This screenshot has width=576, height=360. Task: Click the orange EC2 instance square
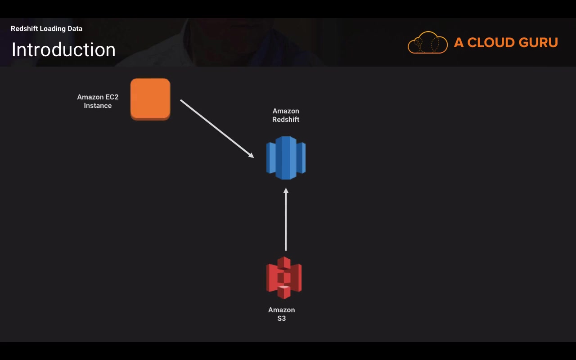pyautogui.click(x=150, y=99)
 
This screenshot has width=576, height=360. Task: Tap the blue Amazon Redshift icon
pyautogui.click(x=286, y=157)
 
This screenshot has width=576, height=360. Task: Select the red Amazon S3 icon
pyautogui.click(x=284, y=278)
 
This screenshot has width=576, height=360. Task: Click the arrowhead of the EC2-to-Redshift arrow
pyautogui.click(x=251, y=155)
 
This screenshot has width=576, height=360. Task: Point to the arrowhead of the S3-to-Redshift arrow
pyautogui.click(x=286, y=191)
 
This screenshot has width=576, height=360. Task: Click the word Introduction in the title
pyautogui.click(x=63, y=49)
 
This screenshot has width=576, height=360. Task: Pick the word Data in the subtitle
pyautogui.click(x=75, y=29)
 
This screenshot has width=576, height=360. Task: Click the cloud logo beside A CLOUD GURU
pyautogui.click(x=427, y=43)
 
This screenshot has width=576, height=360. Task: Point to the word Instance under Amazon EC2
pyautogui.click(x=98, y=106)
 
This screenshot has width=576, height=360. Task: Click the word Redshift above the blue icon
pyautogui.click(x=286, y=120)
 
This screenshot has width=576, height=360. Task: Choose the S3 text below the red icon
pyautogui.click(x=282, y=319)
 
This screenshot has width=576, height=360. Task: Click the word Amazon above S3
pyautogui.click(x=282, y=310)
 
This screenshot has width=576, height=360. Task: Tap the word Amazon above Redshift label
pyautogui.click(x=286, y=111)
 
